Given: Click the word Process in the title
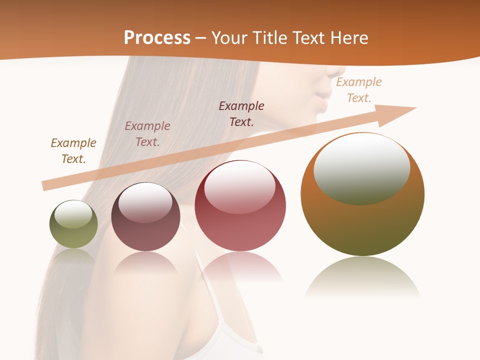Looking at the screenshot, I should [x=157, y=38].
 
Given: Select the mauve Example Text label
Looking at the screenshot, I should [x=147, y=134].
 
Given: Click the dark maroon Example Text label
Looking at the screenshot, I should [x=241, y=114].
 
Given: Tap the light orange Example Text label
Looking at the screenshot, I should [x=359, y=90].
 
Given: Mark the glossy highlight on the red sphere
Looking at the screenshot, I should [x=240, y=187].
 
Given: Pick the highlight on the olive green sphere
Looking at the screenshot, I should [x=73, y=214].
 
